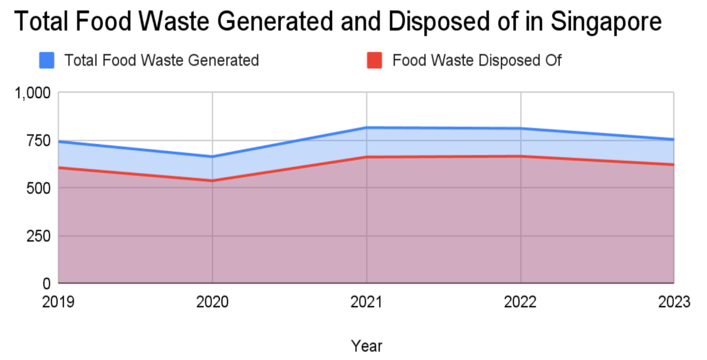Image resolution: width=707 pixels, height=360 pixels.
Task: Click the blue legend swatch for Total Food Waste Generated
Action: (47, 60)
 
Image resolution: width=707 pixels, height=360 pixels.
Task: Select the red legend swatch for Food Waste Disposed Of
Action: (374, 60)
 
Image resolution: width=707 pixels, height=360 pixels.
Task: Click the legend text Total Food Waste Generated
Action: (161, 60)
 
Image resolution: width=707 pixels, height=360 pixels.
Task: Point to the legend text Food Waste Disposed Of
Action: (477, 60)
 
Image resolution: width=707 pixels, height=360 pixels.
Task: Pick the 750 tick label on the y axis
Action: (38, 140)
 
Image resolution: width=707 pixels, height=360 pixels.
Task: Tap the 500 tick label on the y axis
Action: (38, 188)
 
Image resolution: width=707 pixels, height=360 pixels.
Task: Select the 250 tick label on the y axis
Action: (38, 236)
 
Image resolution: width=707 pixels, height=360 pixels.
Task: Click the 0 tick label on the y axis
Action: (46, 283)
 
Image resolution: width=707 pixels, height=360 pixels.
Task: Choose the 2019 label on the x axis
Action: (58, 302)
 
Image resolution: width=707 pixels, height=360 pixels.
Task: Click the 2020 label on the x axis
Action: (213, 302)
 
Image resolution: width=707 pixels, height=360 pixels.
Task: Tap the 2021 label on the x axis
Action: (367, 302)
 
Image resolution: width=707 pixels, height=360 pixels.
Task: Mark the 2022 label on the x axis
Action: (520, 302)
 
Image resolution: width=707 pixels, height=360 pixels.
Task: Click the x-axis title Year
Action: (367, 346)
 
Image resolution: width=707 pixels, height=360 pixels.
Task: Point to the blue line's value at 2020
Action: (213, 157)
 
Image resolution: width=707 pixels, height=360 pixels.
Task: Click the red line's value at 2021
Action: (367, 157)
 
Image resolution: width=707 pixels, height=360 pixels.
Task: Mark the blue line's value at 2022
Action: (520, 128)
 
